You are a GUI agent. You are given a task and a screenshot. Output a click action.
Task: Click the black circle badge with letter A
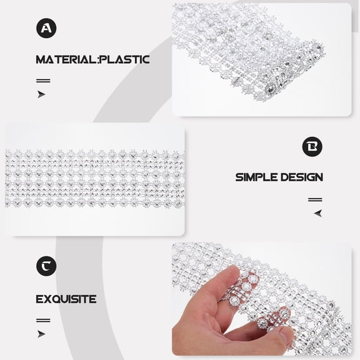[46, 28]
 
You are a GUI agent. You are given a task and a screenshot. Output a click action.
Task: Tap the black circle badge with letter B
[312, 147]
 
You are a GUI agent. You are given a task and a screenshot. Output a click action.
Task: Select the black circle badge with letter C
[46, 267]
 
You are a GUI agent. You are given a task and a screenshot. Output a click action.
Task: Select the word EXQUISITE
[66, 299]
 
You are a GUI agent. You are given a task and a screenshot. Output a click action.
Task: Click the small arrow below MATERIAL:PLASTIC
[41, 94]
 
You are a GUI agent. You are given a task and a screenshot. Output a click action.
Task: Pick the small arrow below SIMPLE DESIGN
[318, 213]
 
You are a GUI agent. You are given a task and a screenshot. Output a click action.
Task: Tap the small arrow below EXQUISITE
[41, 334]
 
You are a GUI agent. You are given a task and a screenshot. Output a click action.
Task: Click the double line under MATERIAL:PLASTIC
[43, 81]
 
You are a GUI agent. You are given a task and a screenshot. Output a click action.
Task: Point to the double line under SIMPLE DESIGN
[315, 200]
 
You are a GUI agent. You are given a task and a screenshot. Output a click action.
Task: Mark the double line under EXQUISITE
[43, 320]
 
